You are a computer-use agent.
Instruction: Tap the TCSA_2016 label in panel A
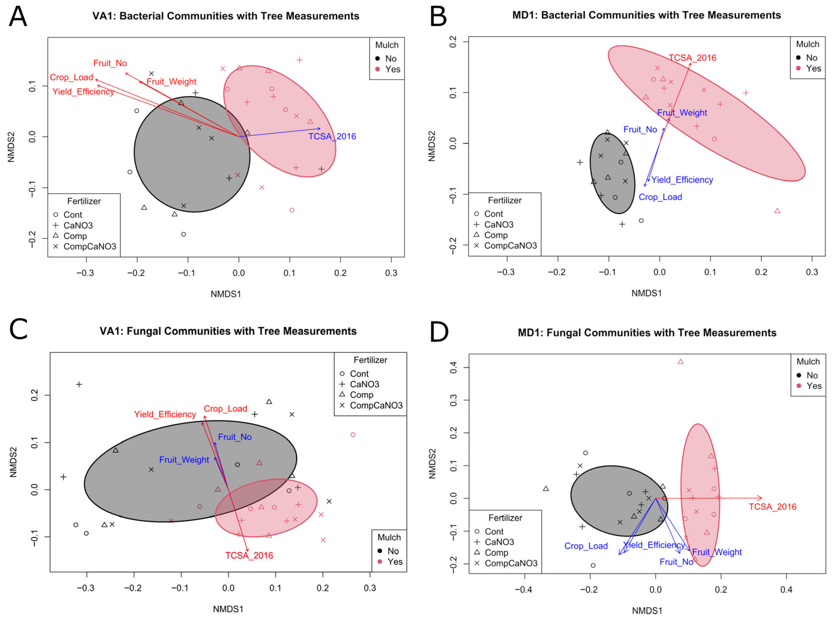tap(332, 137)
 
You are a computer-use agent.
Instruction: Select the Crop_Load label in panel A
tap(71, 78)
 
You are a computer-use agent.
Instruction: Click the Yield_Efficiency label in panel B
tap(682, 180)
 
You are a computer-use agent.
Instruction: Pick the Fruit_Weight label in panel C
tap(184, 460)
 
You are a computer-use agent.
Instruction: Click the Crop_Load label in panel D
tap(586, 546)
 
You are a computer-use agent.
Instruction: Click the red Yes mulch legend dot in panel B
tap(798, 68)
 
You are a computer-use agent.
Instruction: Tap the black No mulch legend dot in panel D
tap(799, 375)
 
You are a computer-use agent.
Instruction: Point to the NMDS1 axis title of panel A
tap(226, 294)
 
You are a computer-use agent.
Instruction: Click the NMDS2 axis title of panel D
tap(432, 464)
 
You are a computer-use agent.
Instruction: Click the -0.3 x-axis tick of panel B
tap(506, 272)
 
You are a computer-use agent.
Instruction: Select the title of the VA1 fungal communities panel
tap(228, 331)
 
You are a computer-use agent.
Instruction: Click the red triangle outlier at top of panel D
tap(680, 362)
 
